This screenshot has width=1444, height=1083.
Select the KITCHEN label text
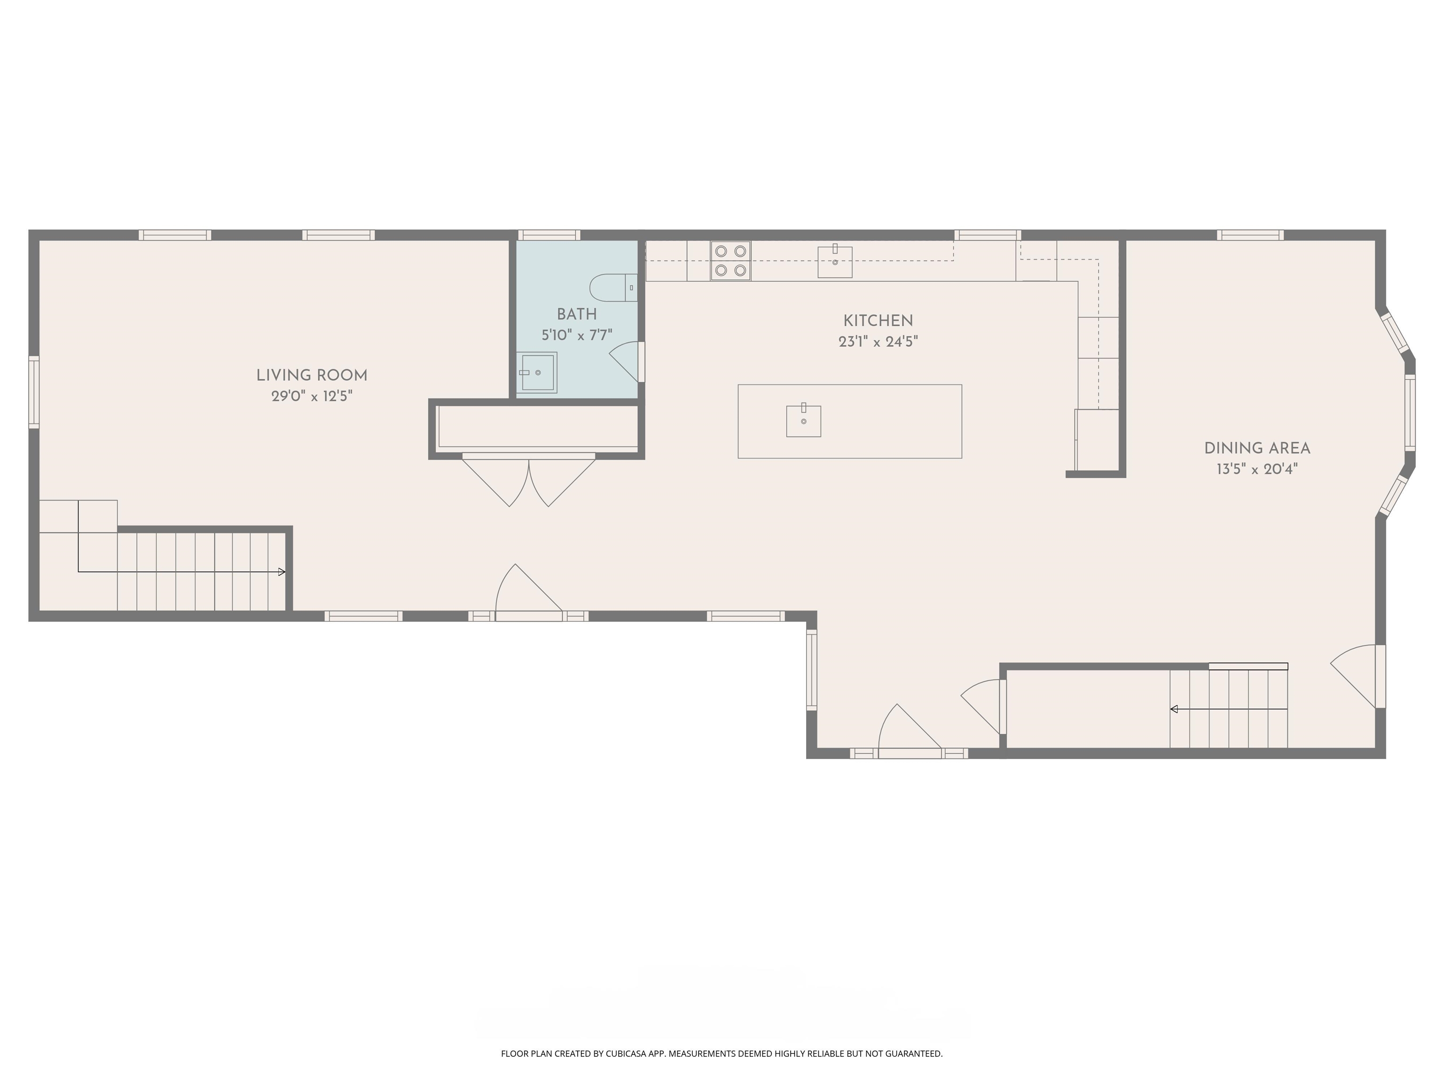(878, 321)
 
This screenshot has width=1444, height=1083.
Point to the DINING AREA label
(1256, 448)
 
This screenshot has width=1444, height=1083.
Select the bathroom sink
(537, 373)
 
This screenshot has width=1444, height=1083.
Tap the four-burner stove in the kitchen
(730, 260)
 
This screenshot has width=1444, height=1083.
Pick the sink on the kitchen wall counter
(835, 261)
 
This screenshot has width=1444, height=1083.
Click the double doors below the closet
(529, 480)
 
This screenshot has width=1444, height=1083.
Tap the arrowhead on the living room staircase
(282, 573)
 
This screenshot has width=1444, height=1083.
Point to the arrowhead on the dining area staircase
(1174, 709)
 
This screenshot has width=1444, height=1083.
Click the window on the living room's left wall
(34, 392)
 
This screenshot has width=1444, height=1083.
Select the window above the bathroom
(549, 235)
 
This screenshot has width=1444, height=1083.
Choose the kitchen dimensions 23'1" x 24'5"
(878, 341)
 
